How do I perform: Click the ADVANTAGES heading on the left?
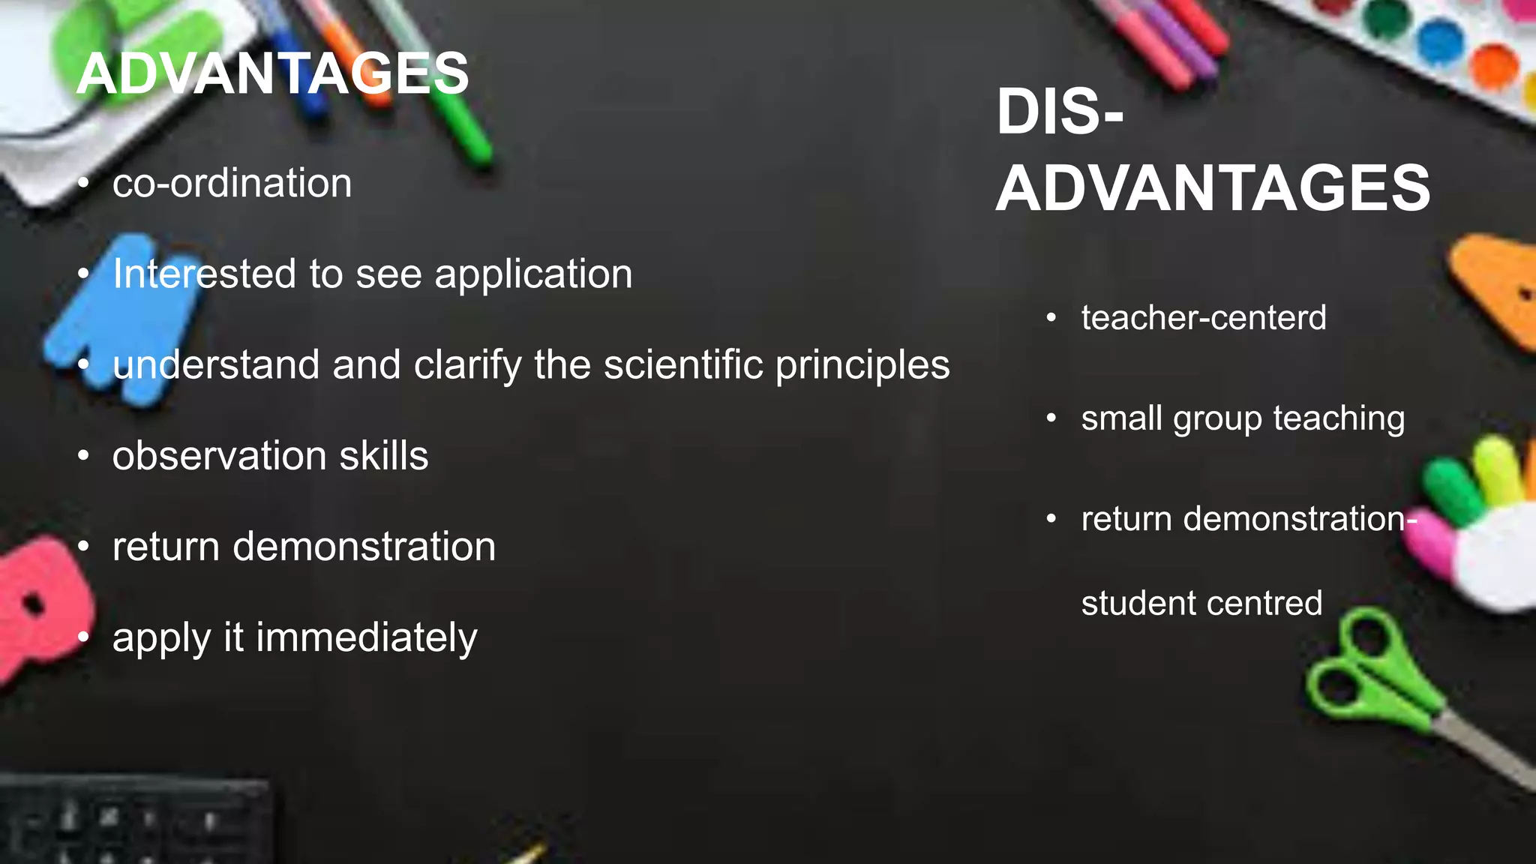[x=272, y=73]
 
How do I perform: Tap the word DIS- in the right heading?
[x=1059, y=112]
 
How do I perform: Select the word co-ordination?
[x=232, y=184]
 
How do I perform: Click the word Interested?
[x=203, y=274]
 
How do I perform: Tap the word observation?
[x=219, y=456]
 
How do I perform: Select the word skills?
[x=383, y=456]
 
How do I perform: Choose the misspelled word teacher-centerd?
[x=1203, y=318]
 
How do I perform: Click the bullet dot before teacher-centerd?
[x=1051, y=318]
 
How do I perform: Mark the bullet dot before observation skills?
[x=83, y=455]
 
